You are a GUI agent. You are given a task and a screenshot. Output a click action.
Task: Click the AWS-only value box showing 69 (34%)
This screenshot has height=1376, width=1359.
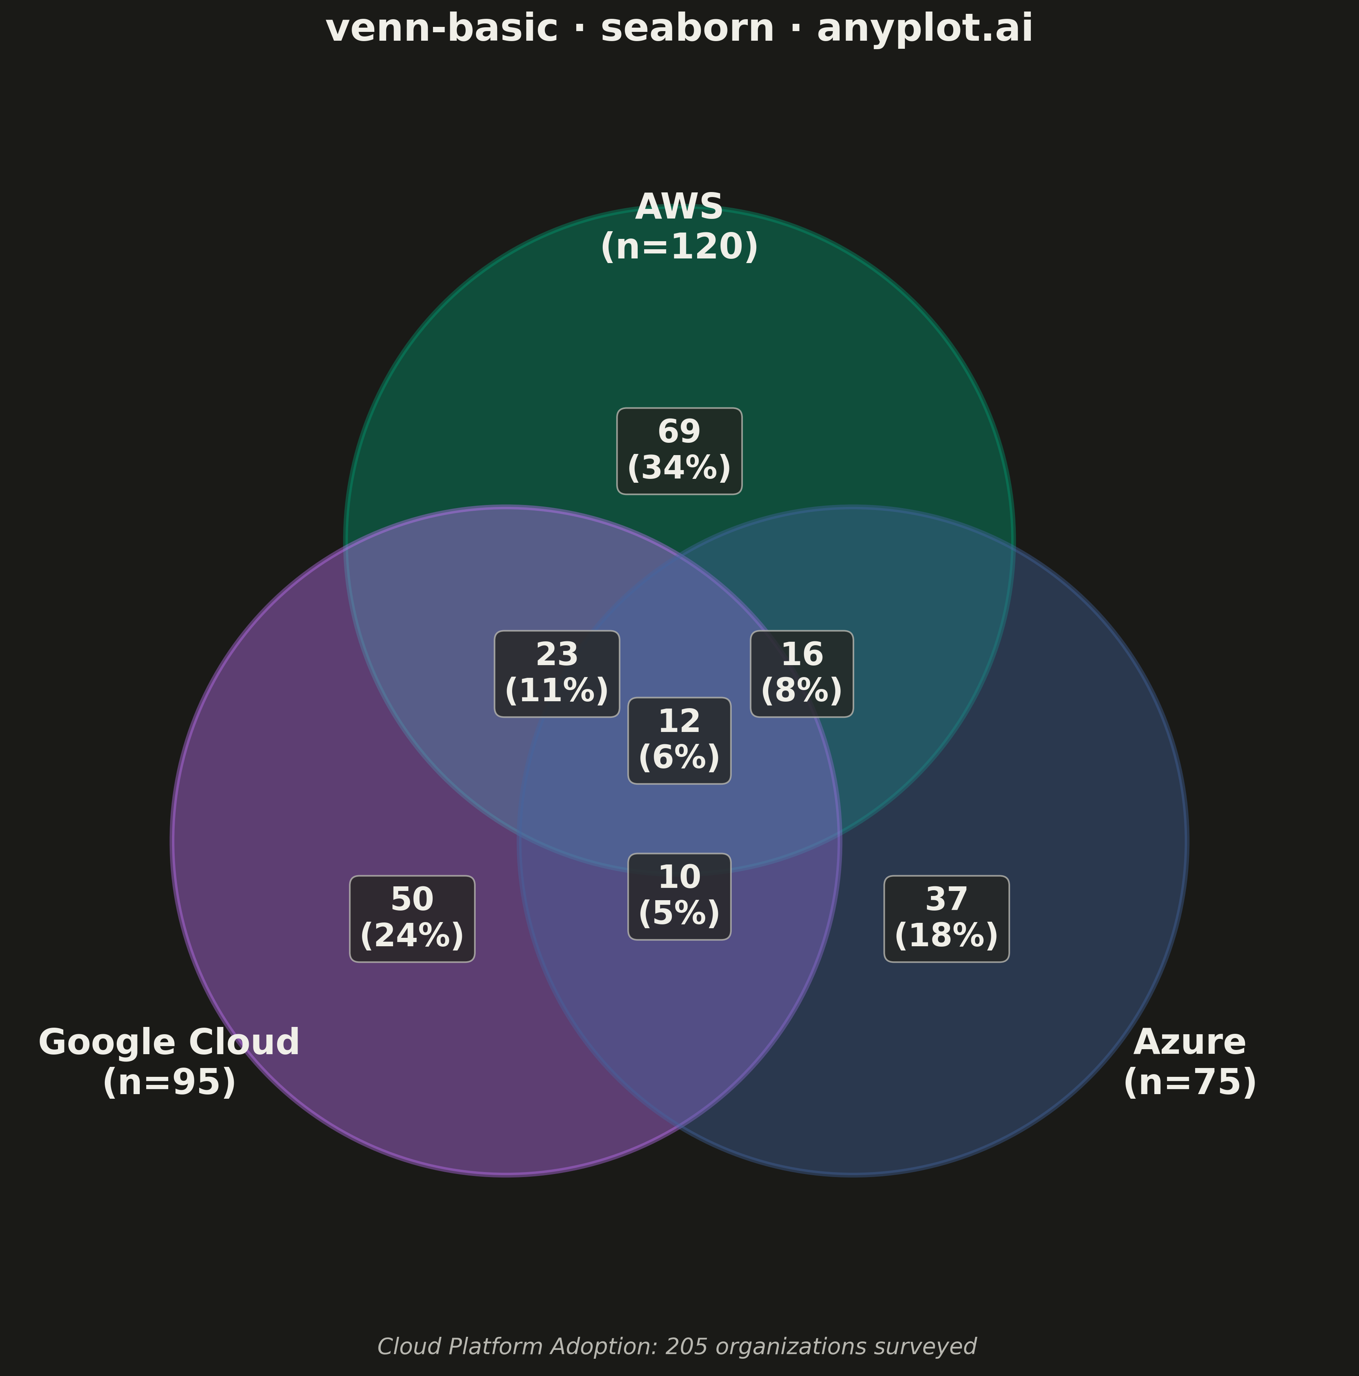pos(679,451)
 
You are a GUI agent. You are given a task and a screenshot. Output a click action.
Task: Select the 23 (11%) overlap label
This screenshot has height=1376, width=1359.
pos(557,674)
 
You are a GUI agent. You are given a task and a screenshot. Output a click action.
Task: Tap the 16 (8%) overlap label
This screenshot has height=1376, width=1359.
pos(802,674)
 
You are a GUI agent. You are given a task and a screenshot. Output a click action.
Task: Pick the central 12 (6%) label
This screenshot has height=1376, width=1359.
pos(679,741)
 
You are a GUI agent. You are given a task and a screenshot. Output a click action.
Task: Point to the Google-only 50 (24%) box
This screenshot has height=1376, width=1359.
pos(412,919)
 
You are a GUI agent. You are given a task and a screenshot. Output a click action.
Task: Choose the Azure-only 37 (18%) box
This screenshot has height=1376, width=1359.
pos(946,919)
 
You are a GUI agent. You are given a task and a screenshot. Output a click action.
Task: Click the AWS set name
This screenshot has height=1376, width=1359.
pos(679,207)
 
